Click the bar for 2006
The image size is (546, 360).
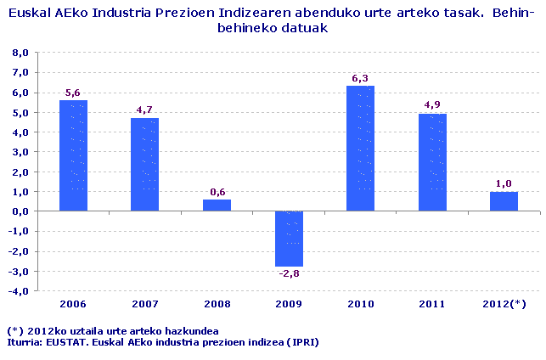coord(73,155)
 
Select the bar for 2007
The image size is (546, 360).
coord(144,165)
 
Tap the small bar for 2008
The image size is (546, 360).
coord(217,205)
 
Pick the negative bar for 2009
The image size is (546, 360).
coord(289,239)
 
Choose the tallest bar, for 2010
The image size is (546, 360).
coord(360,149)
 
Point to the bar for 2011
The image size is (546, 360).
coord(432,162)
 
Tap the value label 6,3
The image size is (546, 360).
coord(360,78)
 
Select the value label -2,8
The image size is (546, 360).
coord(289,273)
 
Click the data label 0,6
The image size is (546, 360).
coord(217,191)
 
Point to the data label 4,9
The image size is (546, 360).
coord(432,105)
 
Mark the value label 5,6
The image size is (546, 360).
coord(73,92)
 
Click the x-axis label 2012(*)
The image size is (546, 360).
coord(504,304)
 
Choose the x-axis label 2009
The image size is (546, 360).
coord(289,304)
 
